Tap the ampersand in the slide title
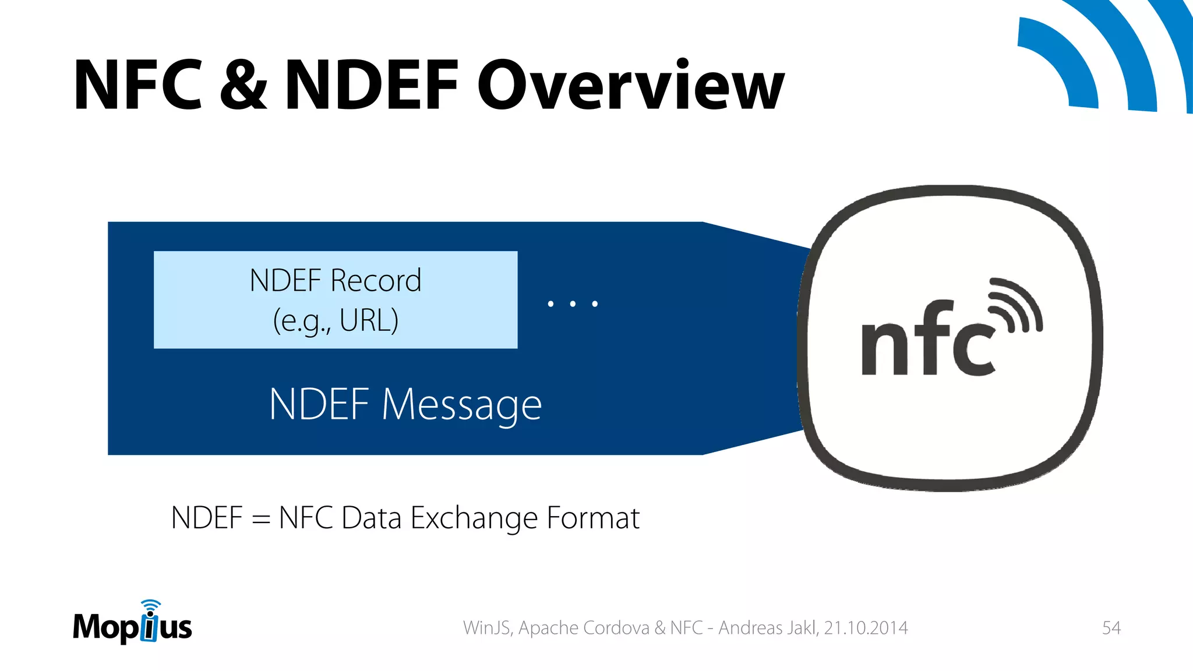point(243,86)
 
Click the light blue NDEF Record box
point(336,299)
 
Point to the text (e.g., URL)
point(336,320)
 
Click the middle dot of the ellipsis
point(573,303)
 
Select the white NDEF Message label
point(405,404)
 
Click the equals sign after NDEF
point(260,518)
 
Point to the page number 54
point(1111,628)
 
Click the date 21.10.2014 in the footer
point(866,628)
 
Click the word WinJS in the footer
point(487,628)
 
